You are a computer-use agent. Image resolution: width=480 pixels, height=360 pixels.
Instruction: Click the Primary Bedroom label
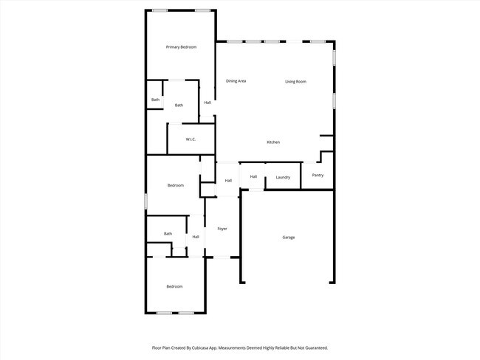[181, 47]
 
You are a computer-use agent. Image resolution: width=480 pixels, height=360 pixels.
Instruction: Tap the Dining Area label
[236, 81]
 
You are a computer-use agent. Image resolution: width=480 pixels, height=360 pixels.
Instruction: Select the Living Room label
[295, 82]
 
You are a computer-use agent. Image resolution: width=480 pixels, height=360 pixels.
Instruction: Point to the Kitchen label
[273, 142]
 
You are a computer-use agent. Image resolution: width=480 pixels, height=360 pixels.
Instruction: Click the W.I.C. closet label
[191, 139]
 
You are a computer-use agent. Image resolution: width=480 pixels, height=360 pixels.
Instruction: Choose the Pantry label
[318, 176]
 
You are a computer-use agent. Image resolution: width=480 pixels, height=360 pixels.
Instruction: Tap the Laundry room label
[283, 178]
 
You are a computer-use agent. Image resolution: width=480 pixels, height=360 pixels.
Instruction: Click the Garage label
[288, 238]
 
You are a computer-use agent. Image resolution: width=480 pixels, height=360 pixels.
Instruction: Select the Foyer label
[222, 229]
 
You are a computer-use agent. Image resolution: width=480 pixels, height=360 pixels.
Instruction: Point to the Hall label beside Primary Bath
[208, 103]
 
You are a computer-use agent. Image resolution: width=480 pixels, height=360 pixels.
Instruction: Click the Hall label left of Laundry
[253, 176]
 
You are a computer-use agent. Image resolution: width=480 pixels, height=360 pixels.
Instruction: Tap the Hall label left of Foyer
[196, 237]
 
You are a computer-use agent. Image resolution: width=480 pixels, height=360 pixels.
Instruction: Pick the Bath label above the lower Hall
[168, 234]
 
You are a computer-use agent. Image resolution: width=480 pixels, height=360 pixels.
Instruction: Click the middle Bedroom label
[175, 185]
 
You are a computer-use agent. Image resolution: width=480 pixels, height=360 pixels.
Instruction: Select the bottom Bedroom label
[174, 286]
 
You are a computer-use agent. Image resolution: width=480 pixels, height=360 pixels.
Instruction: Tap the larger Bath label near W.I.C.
[179, 105]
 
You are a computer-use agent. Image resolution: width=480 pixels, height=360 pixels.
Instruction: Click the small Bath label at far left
[155, 100]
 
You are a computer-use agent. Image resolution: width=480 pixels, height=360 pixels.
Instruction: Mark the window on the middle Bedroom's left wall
[145, 200]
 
